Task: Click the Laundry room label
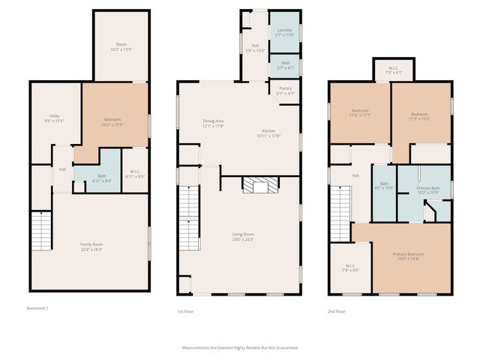[283, 32]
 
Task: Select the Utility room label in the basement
[54, 117]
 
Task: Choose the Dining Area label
[214, 123]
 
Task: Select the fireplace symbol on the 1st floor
[259, 185]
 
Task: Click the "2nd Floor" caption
[337, 310]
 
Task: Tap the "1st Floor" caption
[185, 310]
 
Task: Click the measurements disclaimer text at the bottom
[240, 348]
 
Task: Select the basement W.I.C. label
[134, 175]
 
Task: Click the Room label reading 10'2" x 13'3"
[121, 46]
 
